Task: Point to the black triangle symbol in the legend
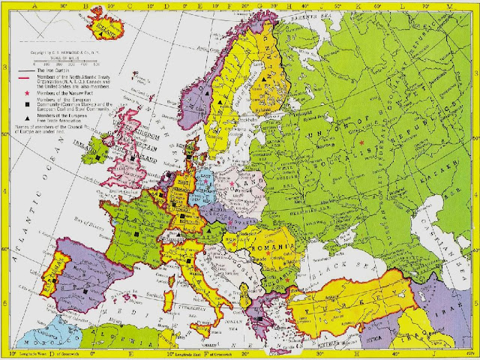pyautogui.click(x=21, y=118)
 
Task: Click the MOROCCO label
pyautogui.click(x=45, y=337)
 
